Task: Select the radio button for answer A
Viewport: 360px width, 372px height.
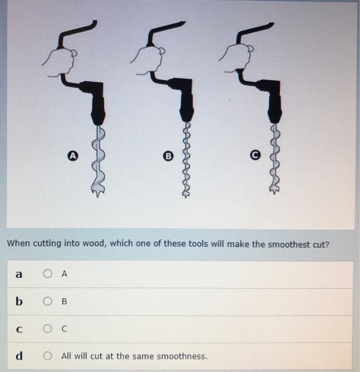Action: tap(48, 274)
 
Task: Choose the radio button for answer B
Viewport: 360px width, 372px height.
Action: tap(48, 302)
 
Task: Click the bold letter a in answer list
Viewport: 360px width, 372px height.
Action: tap(19, 274)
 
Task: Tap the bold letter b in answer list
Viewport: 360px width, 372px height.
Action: tap(19, 301)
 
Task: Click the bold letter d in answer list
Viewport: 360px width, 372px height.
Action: tap(19, 356)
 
